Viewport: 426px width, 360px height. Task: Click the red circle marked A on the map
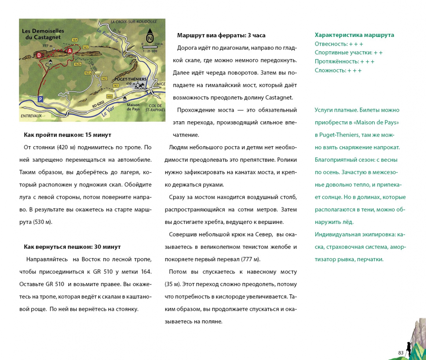70,51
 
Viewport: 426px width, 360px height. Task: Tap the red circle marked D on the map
39,55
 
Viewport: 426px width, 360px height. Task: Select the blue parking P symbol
40,99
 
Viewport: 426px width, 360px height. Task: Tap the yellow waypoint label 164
75,40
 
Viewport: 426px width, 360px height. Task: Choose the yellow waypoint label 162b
78,64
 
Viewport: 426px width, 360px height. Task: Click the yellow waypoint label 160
109,96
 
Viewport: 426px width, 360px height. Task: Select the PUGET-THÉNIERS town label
130,79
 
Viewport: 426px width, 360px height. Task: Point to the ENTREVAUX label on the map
31,116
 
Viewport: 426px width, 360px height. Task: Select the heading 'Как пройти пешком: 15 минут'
67,135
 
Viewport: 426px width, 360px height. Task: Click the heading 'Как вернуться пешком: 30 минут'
72,247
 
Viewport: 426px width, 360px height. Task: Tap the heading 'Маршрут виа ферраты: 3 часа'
221,36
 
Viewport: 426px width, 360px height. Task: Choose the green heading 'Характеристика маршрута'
354,35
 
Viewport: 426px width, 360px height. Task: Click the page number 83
401,353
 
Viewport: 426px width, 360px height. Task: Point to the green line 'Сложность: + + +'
338,70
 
